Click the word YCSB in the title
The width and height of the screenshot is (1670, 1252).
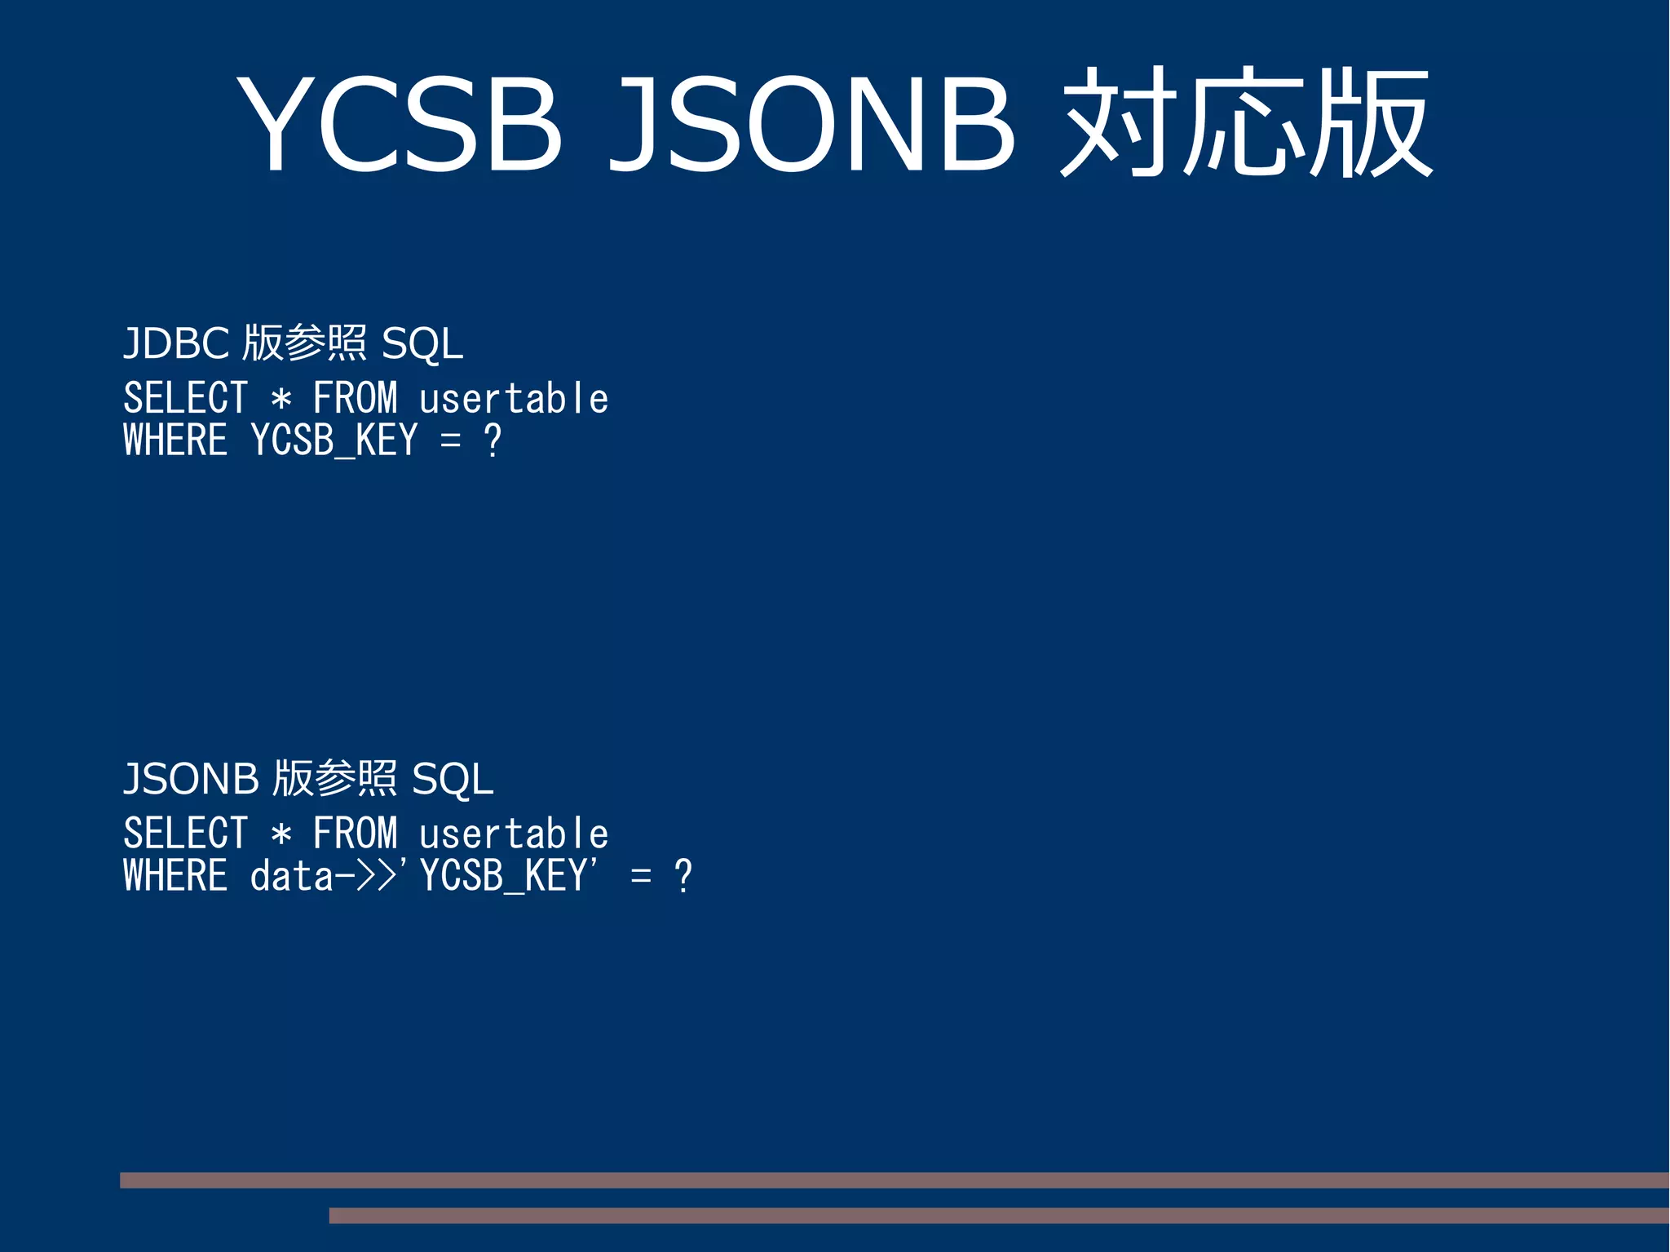pyautogui.click(x=400, y=125)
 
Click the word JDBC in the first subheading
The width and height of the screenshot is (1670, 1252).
pyautogui.click(x=176, y=343)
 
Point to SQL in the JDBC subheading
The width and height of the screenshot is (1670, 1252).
pyautogui.click(x=422, y=343)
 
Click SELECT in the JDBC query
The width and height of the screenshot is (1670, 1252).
pyautogui.click(x=185, y=399)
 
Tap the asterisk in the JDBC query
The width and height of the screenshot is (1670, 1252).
pyautogui.click(x=281, y=400)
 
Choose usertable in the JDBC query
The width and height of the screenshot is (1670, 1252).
pyautogui.click(x=514, y=399)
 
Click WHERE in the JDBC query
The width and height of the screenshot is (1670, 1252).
pyautogui.click(x=175, y=440)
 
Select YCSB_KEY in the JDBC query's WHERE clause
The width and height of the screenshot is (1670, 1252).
pyautogui.click(x=334, y=441)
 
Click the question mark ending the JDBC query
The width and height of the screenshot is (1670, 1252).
pyautogui.click(x=493, y=441)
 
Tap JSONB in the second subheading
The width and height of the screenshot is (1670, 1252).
pyautogui.click(x=191, y=779)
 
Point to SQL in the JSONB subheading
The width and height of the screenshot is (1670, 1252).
pyautogui.click(x=453, y=779)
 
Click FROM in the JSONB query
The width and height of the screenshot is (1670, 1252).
pyautogui.click(x=356, y=834)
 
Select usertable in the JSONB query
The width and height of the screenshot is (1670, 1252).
pyautogui.click(x=514, y=834)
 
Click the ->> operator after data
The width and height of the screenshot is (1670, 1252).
pyautogui.click(x=366, y=877)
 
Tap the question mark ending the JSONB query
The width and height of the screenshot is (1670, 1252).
pyautogui.click(x=683, y=877)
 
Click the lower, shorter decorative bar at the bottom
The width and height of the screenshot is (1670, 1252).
pyautogui.click(x=999, y=1215)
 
